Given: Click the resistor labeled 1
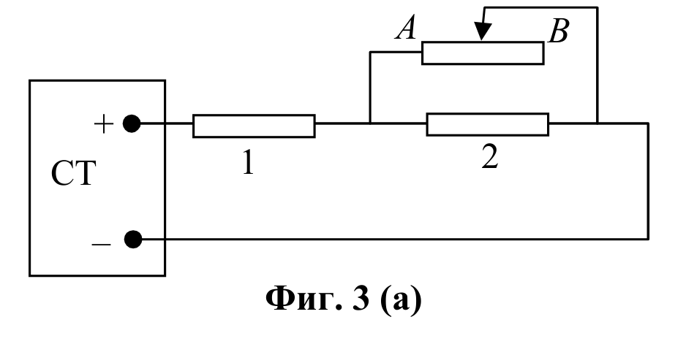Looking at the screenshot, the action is coord(254,126).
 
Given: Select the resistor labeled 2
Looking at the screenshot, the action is coord(487,124).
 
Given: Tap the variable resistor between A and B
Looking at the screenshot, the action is coord(483,53).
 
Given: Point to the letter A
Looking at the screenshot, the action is coord(405,29).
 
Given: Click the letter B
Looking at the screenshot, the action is coord(558,31).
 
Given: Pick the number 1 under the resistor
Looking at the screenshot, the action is coord(248,161).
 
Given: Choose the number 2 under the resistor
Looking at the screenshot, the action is coord(490,157).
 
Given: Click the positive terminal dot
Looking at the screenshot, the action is coord(132,123).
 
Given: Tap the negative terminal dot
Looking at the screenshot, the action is coord(133,240).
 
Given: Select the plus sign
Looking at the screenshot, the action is coord(104,124).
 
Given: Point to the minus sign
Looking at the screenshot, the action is coord(101,244).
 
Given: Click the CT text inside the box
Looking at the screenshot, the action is coord(73,173).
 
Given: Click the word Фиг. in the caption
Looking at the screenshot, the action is coord(304,299).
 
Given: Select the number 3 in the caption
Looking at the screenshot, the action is coord(361,299).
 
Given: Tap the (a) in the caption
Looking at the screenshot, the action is coord(401,299).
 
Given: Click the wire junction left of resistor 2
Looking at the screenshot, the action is coord(370,123).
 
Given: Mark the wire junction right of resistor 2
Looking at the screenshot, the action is coord(598,123).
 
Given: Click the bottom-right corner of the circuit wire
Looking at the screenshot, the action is coord(648,240).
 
